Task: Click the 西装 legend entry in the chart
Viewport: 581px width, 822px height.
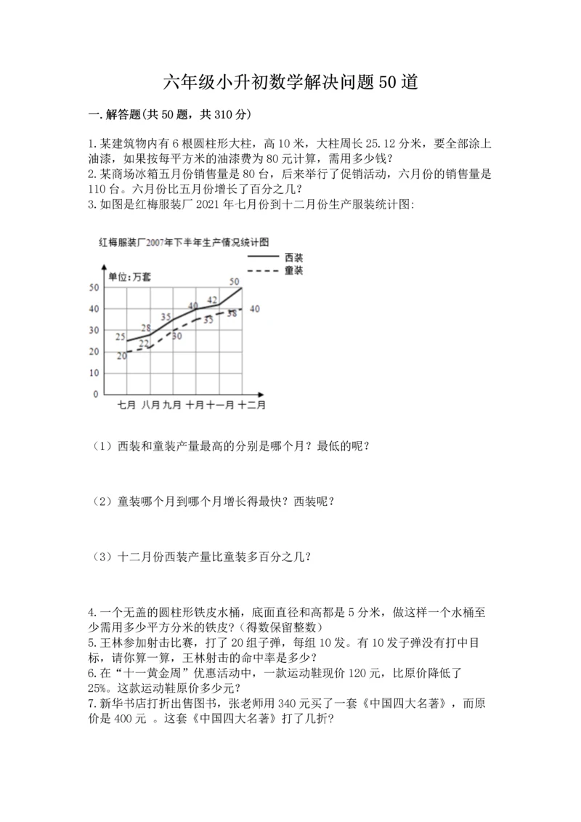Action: [x=294, y=257]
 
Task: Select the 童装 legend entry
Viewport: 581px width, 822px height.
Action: [x=294, y=270]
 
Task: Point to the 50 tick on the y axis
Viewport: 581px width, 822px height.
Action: [x=94, y=288]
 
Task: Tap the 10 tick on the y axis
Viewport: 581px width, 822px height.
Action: [x=94, y=373]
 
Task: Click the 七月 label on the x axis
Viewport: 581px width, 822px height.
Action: [x=127, y=405]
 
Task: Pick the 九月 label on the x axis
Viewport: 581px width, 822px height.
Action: [x=172, y=405]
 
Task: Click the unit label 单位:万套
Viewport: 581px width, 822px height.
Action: [x=129, y=276]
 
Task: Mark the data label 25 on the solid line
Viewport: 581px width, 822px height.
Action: [x=121, y=336]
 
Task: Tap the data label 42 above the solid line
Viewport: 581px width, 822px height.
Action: [x=212, y=299]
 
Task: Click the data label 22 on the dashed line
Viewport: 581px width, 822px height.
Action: [x=144, y=343]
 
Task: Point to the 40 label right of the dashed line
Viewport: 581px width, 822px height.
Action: [x=255, y=309]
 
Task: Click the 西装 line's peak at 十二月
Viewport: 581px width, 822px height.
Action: [x=242, y=289]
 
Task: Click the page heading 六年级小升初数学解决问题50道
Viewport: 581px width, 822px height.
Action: [x=290, y=82]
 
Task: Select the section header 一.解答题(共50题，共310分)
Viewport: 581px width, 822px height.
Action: [x=169, y=114]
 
